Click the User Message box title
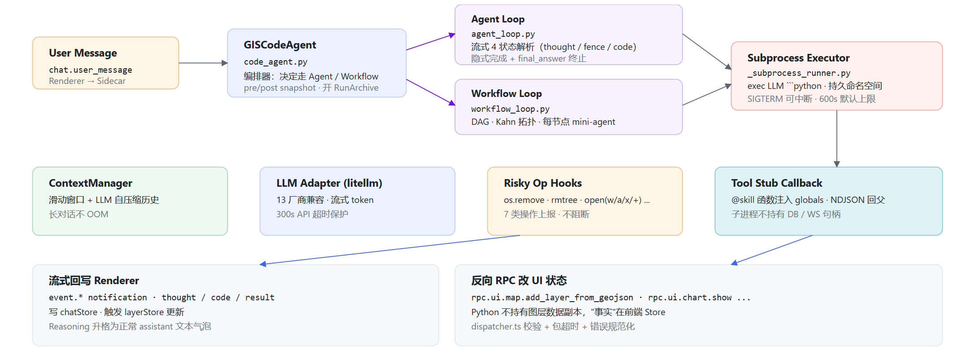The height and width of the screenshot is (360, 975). click(83, 53)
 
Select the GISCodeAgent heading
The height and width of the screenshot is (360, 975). click(280, 45)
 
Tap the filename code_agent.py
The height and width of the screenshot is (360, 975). click(275, 62)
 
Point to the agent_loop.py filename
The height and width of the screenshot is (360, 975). click(503, 34)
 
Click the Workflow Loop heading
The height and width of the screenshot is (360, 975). click(507, 93)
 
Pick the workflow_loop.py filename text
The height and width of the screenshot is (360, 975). click(510, 109)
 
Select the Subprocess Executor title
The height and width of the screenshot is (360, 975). click(799, 58)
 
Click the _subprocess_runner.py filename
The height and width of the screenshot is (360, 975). click(799, 73)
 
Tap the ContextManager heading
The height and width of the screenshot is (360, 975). click(91, 183)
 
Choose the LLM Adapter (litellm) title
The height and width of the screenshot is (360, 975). click(329, 183)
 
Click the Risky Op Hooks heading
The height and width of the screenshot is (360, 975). click(543, 183)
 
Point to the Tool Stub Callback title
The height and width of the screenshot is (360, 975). click(777, 183)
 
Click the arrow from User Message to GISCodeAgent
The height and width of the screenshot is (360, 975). click(203, 63)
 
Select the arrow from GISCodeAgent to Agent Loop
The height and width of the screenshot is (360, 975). click(431, 42)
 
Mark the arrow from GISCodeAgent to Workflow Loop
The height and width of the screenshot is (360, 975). click(431, 92)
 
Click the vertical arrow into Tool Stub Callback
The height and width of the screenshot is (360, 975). click(837, 139)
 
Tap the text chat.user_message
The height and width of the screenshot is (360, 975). click(91, 70)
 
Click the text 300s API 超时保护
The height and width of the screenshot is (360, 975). click(312, 215)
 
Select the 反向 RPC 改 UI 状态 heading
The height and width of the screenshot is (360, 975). click(519, 281)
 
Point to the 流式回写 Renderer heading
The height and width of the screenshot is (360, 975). click(94, 281)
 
